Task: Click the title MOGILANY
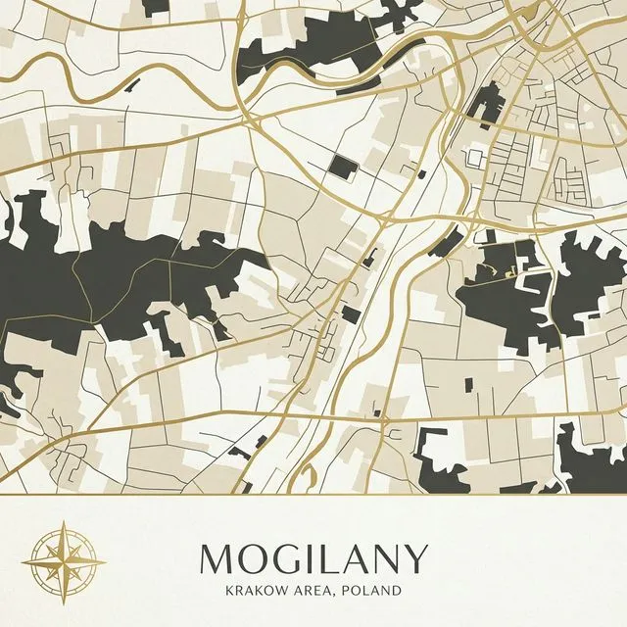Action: pyautogui.click(x=313, y=558)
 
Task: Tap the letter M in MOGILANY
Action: pyautogui.click(x=217, y=558)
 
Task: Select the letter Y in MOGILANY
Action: pyautogui.click(x=416, y=558)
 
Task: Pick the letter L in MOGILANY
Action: pyautogui.click(x=326, y=558)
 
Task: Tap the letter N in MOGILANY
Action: pyautogui.click(x=385, y=558)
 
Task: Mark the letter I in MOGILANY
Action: pyautogui.click(x=307, y=558)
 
